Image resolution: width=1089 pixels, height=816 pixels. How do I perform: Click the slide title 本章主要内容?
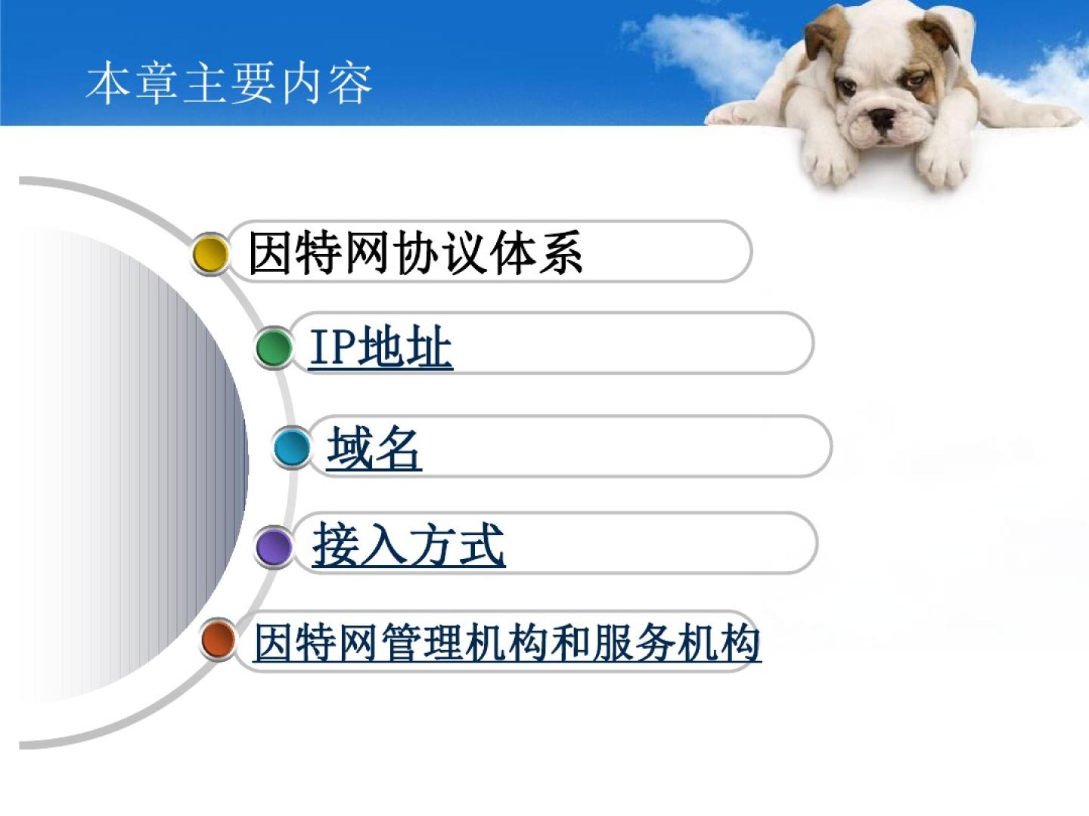pyautogui.click(x=229, y=83)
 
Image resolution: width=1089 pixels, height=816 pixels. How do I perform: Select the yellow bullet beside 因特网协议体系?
pyautogui.click(x=210, y=254)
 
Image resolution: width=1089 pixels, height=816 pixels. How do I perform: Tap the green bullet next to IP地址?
pyautogui.click(x=273, y=348)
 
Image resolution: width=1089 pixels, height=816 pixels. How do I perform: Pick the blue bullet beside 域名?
pyautogui.click(x=292, y=448)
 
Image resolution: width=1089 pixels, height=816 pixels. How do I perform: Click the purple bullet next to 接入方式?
pyautogui.click(x=273, y=547)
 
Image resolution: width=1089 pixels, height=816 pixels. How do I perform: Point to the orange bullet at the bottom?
pyautogui.click(x=218, y=639)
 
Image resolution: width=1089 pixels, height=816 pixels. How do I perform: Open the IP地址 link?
pyautogui.click(x=380, y=348)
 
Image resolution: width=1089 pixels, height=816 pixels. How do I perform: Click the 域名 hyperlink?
pyautogui.click(x=374, y=448)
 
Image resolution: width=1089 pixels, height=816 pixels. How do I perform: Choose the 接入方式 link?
pyautogui.click(x=409, y=545)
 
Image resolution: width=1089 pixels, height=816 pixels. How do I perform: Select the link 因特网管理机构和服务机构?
pyautogui.click(x=507, y=642)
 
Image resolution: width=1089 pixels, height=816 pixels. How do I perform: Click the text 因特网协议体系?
pyautogui.click(x=415, y=252)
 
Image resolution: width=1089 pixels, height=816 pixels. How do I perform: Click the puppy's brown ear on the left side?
pyautogui.click(x=824, y=35)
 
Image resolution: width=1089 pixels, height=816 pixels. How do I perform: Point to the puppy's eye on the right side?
pyautogui.click(x=915, y=79)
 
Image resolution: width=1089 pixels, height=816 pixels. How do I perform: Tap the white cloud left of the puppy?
pyautogui.click(x=705, y=50)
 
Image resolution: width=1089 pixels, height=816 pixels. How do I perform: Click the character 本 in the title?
pyautogui.click(x=107, y=83)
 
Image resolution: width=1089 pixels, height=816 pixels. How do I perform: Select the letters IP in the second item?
pyautogui.click(x=333, y=348)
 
